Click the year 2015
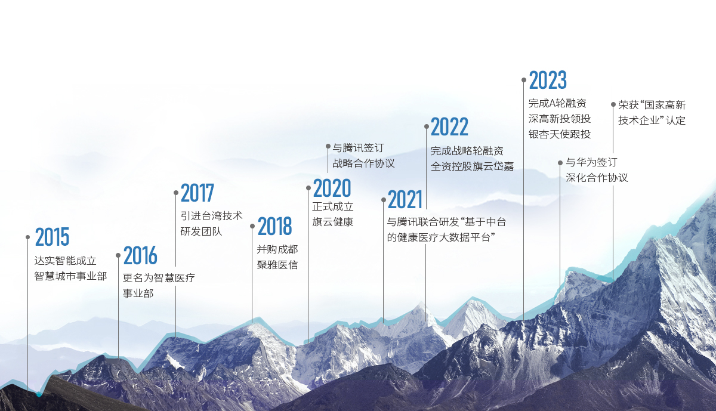[x=52, y=237]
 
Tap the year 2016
[x=140, y=256]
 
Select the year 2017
[x=197, y=193]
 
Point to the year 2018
[x=274, y=227]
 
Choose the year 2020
[x=332, y=188]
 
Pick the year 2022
[x=449, y=127]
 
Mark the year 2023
[x=548, y=80]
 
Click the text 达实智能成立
[x=66, y=261]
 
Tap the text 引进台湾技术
[x=211, y=216]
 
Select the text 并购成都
[x=277, y=249]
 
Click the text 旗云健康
[x=333, y=223]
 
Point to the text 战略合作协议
[x=363, y=163]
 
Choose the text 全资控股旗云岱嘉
[x=472, y=166]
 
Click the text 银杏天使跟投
[x=559, y=134]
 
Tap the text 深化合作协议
[x=597, y=178]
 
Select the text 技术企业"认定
[x=652, y=120]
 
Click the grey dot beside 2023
[x=524, y=79]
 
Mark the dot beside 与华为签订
[x=560, y=162]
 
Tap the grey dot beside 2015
[x=27, y=237]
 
